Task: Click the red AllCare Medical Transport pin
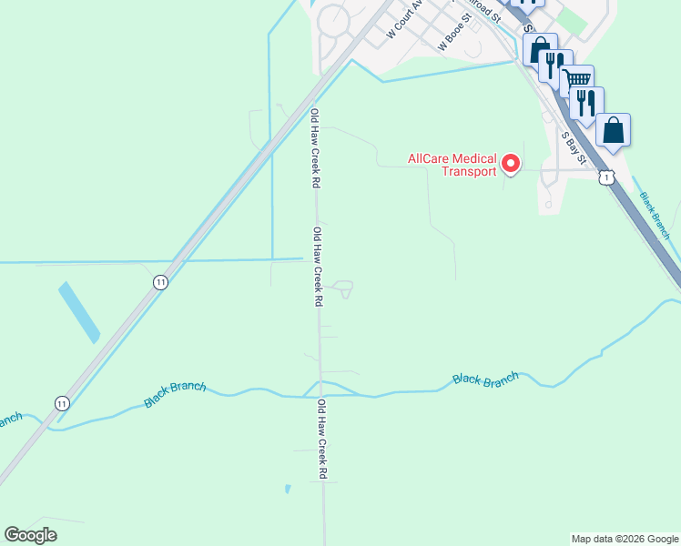[x=511, y=164]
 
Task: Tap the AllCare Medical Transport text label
[x=452, y=165]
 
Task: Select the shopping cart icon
[x=576, y=81]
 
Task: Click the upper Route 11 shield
[x=161, y=282]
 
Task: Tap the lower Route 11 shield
[x=61, y=402]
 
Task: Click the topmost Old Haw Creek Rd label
[x=315, y=147]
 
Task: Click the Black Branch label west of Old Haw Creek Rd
[x=175, y=393]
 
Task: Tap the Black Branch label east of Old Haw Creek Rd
[x=485, y=378]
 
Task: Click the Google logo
[x=30, y=535]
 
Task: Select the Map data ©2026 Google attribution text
[x=624, y=539]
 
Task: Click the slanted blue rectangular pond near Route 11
[x=79, y=312]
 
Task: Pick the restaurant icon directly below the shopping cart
[x=586, y=103]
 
